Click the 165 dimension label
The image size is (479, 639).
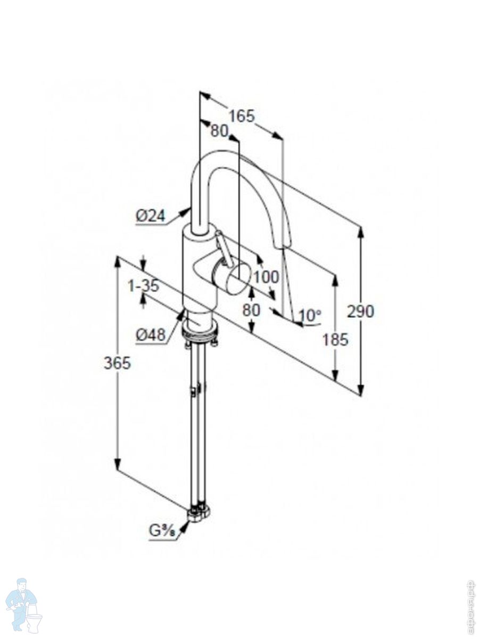pyautogui.click(x=242, y=116)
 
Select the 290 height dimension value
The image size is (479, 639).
pyautogui.click(x=360, y=311)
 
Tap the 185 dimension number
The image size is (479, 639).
pyautogui.click(x=335, y=339)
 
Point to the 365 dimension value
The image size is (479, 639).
pyautogui.click(x=117, y=363)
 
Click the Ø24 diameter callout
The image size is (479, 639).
pyautogui.click(x=150, y=216)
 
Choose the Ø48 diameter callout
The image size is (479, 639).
pyautogui.click(x=150, y=335)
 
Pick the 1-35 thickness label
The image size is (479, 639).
pyautogui.click(x=143, y=286)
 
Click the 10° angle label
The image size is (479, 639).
pyautogui.click(x=310, y=315)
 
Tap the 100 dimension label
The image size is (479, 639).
pyautogui.click(x=266, y=277)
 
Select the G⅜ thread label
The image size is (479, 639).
pyautogui.click(x=162, y=531)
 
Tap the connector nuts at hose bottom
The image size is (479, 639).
pyautogui.click(x=198, y=512)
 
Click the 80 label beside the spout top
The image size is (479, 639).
pyautogui.click(x=219, y=131)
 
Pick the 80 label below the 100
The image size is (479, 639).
pyautogui.click(x=251, y=309)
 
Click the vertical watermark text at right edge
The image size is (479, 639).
pyautogui.click(x=470, y=607)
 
